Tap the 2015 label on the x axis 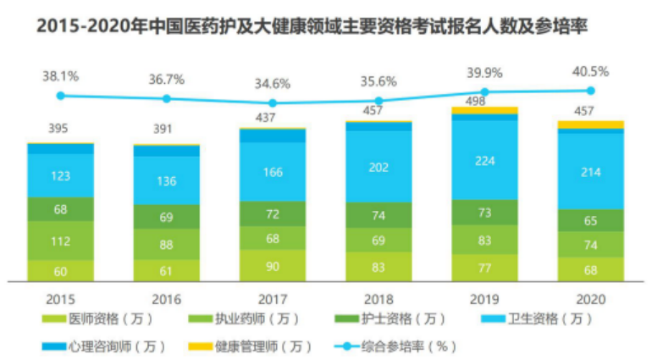pyautogui.click(x=60, y=299)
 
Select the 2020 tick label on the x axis pyautogui.click(x=590, y=299)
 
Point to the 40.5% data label pyautogui.click(x=590, y=72)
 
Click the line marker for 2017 pyautogui.click(x=273, y=103)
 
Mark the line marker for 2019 pyautogui.click(x=484, y=91)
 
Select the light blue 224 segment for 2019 pyautogui.click(x=484, y=162)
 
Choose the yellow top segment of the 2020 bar pyautogui.click(x=590, y=125)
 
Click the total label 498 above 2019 pyautogui.click(x=484, y=100)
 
